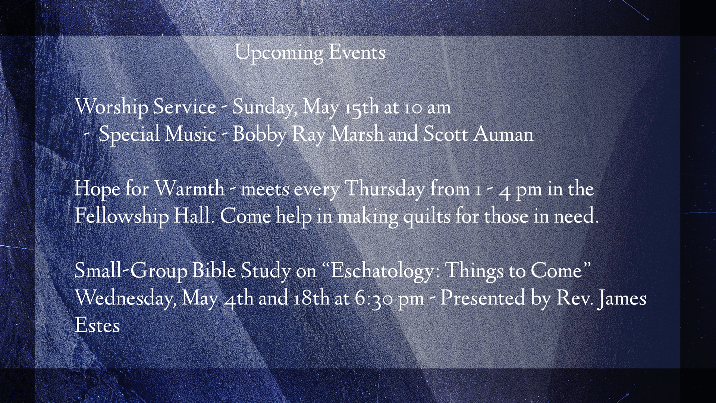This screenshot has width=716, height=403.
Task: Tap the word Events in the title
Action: pyautogui.click(x=357, y=53)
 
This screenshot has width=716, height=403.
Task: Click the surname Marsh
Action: pyautogui.click(x=357, y=134)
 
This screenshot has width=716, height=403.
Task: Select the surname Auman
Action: pyautogui.click(x=503, y=134)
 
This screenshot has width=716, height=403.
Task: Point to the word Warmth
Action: pyautogui.click(x=189, y=189)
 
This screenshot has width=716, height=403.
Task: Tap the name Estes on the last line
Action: pyautogui.click(x=97, y=325)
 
